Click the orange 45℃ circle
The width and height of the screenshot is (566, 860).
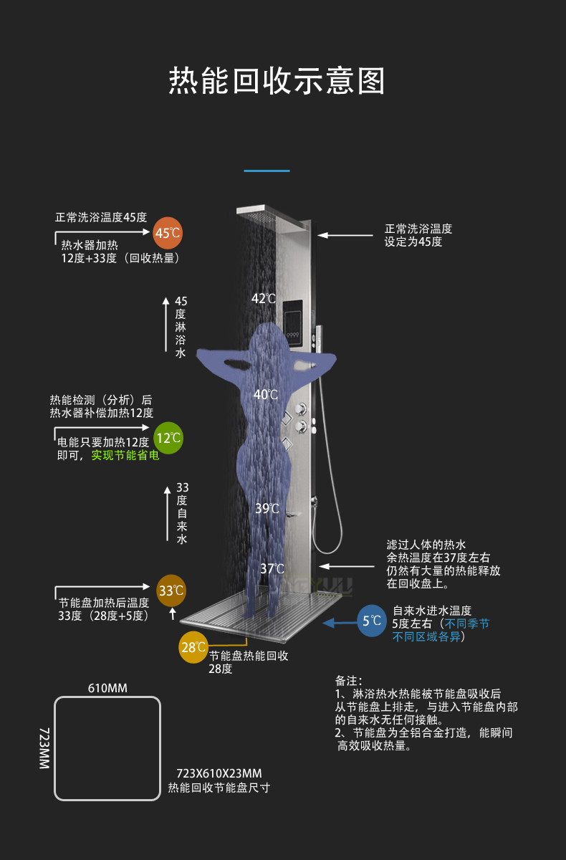[168, 233]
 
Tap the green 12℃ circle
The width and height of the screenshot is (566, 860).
[168, 437]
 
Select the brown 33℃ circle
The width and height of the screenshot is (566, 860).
[171, 591]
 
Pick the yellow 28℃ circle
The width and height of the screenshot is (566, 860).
[193, 648]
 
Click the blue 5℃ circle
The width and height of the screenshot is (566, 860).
[372, 621]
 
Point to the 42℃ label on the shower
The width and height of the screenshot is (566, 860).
[264, 298]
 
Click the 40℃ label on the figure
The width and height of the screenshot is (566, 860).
[265, 394]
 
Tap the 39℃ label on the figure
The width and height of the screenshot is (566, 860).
[267, 508]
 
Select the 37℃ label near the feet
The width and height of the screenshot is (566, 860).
[272, 568]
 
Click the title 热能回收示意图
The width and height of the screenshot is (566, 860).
[277, 81]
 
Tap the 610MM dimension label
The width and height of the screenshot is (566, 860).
[107, 689]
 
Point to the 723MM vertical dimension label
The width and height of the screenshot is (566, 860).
[44, 748]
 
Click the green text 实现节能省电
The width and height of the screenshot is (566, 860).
[125, 455]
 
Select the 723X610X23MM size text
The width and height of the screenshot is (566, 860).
[219, 773]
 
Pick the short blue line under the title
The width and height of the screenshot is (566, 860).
[267, 171]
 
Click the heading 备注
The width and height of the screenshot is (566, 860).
[349, 680]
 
